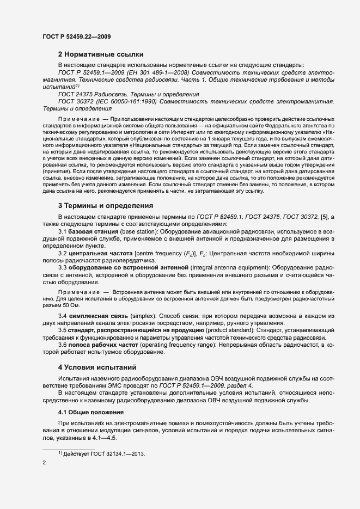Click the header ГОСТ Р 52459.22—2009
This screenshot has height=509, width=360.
77,36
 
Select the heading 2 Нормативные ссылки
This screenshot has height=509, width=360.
101,54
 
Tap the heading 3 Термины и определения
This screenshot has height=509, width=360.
105,206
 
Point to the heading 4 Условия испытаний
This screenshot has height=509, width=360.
97,366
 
